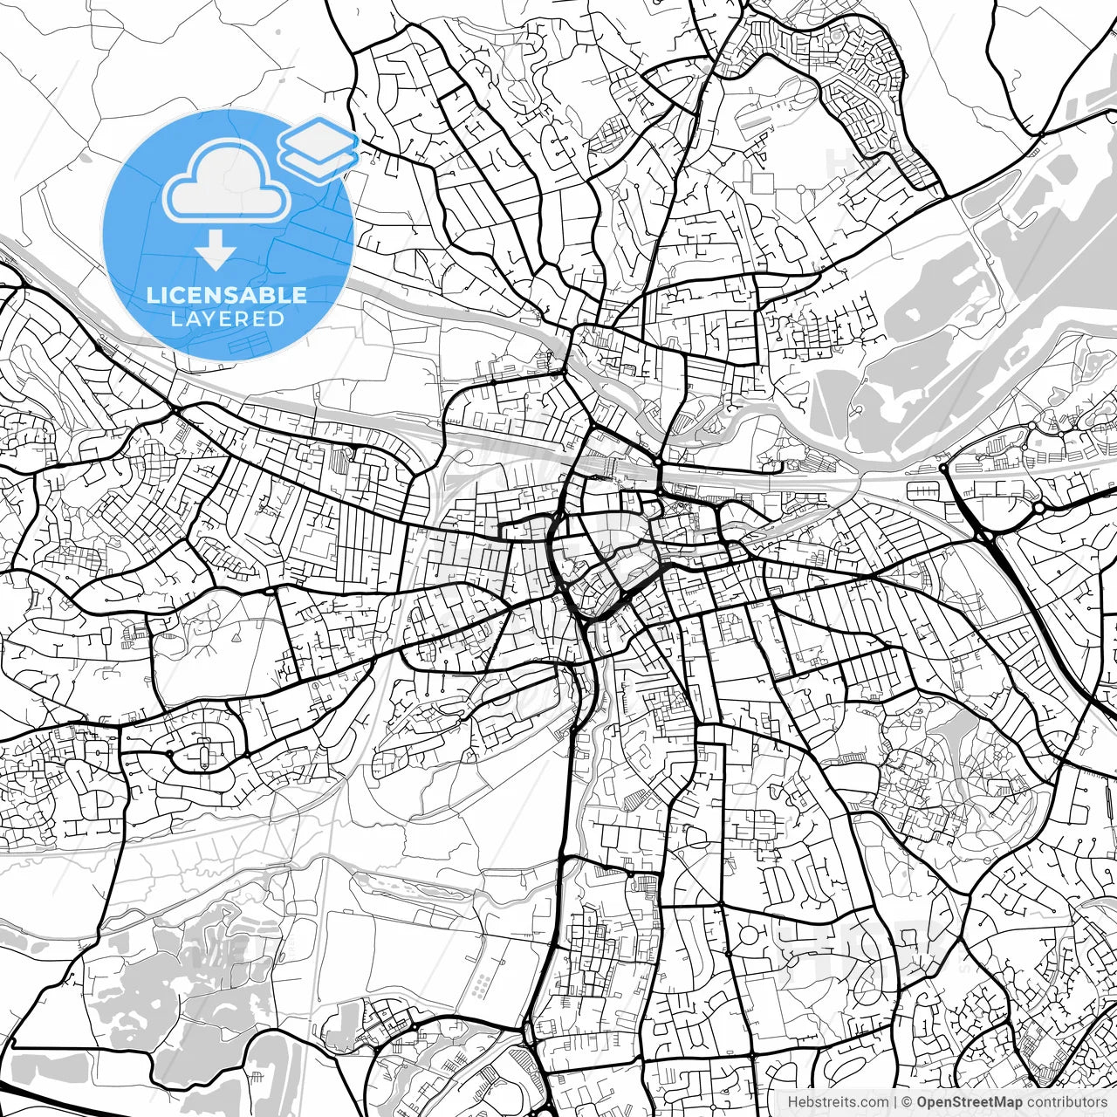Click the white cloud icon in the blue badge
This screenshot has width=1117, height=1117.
coord(226,182)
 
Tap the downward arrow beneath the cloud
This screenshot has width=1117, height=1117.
coord(216,252)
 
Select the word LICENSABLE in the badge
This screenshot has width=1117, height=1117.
coord(227,295)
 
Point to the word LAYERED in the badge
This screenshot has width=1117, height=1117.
coord(227,319)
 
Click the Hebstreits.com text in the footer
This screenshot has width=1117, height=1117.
coord(838,1102)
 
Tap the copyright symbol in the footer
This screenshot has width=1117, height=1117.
coord(907,1102)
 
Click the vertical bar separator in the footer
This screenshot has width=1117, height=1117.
coord(895,1102)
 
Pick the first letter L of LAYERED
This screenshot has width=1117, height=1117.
coord(175,319)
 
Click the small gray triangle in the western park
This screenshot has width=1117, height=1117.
coord(237,639)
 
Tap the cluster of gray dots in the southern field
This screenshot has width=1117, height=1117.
coord(481,986)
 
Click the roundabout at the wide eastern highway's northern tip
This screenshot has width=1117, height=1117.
coord(943,469)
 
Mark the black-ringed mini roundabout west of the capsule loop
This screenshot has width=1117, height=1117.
coord(168,752)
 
